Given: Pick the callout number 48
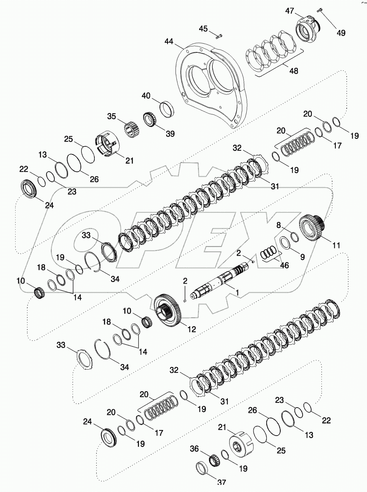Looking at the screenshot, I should pyautogui.click(x=293, y=70).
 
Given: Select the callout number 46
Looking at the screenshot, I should pyautogui.click(x=285, y=265).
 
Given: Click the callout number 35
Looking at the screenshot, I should pyautogui.click(x=111, y=116).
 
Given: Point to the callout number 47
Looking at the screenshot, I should pyautogui.click(x=289, y=11).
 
